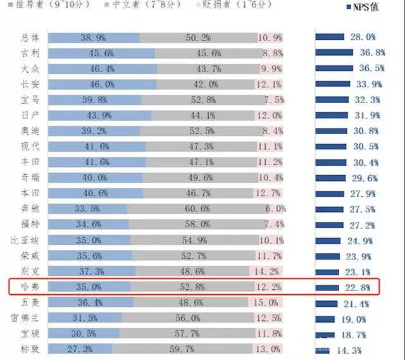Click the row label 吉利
29,53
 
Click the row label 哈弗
29,287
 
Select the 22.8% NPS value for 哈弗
363,287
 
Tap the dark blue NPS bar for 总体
330,37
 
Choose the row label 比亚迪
25,240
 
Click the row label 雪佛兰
25,318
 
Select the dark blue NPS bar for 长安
332,84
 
